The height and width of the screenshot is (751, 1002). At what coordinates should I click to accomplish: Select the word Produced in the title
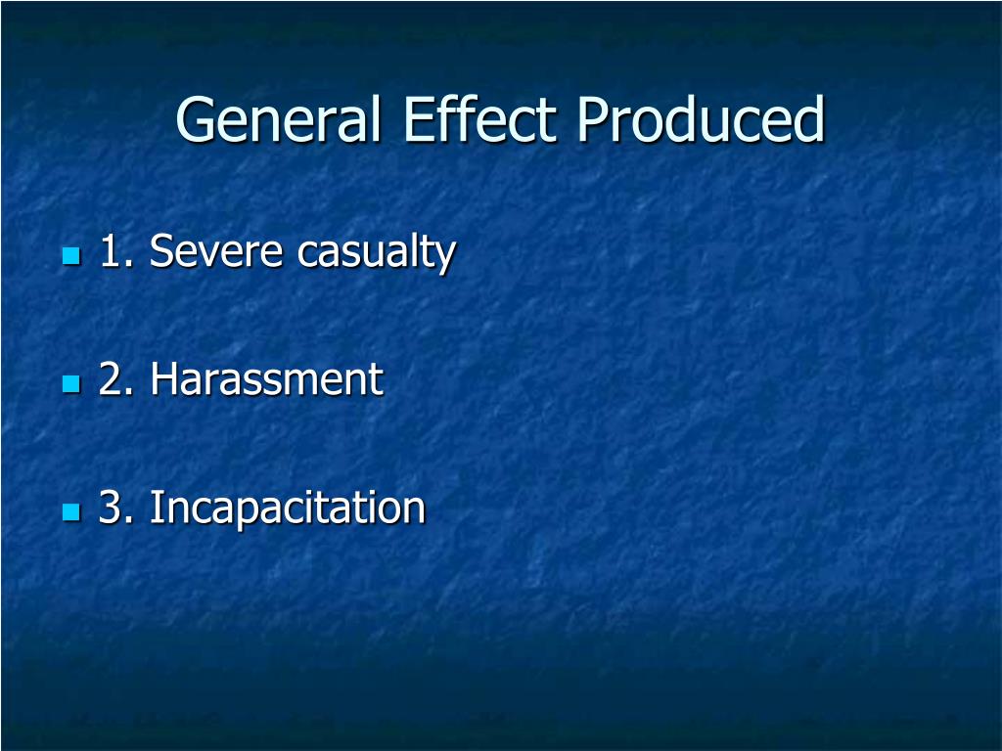[701, 120]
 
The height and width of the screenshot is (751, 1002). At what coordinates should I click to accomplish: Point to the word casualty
[377, 254]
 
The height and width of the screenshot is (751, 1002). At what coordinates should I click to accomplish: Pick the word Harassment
[266, 379]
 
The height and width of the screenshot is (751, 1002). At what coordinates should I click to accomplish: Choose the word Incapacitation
[288, 508]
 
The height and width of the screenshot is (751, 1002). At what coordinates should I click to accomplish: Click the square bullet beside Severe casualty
[70, 256]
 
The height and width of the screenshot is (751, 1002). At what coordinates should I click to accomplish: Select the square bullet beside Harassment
[70, 383]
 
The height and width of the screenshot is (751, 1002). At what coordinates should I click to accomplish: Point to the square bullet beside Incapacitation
[70, 511]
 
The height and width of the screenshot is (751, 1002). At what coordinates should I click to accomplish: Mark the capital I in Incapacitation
[156, 508]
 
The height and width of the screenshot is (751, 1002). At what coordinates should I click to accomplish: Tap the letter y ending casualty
[446, 257]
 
